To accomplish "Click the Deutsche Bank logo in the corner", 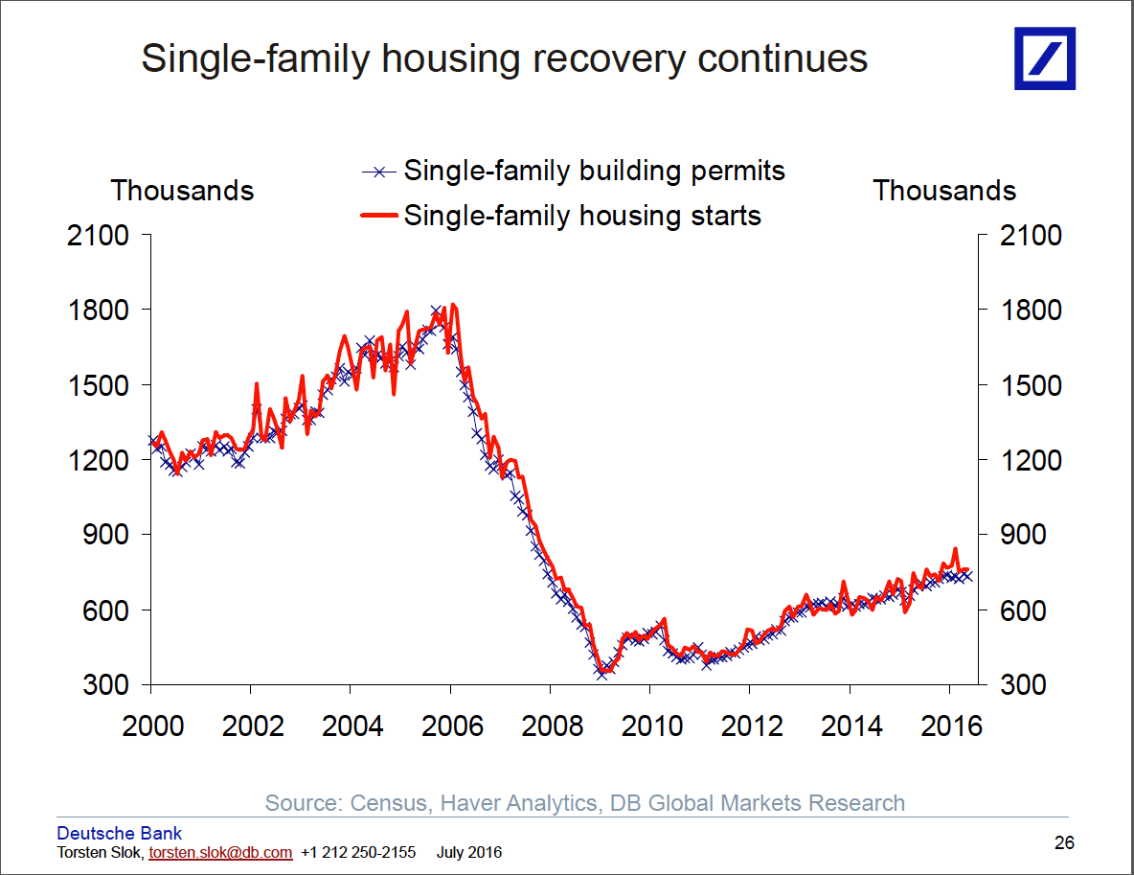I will coord(1045,58).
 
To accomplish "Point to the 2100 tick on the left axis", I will coord(98,235).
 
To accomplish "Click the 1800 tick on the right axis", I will coord(1031,311).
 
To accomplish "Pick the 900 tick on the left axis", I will coord(107,535).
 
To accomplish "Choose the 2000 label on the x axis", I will coord(153,725).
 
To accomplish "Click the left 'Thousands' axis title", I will coord(182,191).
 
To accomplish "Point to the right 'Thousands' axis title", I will coord(944,191).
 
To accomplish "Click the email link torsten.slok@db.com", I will coord(220,852).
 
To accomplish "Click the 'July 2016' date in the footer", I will coord(469,852).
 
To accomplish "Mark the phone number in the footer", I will coord(358,852).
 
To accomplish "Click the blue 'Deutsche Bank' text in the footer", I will coord(120,833).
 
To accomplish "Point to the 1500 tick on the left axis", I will coord(98,385).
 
